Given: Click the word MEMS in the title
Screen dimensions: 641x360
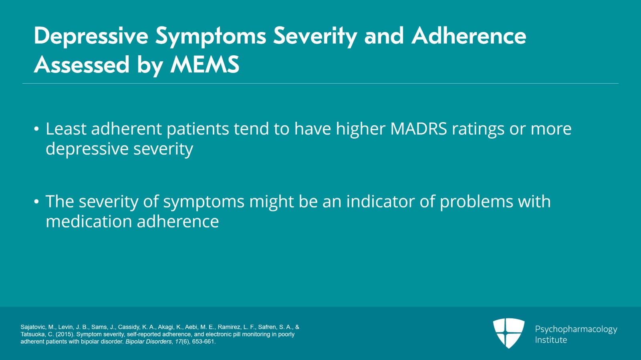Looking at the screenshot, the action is (205, 64).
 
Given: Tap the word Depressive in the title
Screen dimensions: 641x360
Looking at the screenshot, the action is (91, 36).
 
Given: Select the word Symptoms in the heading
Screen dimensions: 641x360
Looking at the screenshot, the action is (211, 36).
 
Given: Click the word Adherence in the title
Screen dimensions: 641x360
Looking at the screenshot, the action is (469, 36).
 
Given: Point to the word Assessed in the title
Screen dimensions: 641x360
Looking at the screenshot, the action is (82, 64).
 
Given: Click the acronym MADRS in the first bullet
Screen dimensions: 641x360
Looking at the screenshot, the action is (419, 129).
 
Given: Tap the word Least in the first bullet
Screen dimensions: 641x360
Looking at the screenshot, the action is (66, 129).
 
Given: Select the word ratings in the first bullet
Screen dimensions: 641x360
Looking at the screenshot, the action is (478, 129).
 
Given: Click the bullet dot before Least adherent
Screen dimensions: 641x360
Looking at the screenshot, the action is (36, 129).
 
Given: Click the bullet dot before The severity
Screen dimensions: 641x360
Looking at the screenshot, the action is (36, 202).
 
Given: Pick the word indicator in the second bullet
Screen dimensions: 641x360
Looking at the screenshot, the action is (381, 201).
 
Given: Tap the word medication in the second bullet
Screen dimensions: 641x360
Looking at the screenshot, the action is (89, 221).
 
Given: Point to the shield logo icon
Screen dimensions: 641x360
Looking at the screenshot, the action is (509, 333).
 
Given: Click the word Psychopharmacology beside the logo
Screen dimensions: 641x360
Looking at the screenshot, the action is (576, 330).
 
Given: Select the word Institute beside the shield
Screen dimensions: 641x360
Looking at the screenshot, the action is (551, 340).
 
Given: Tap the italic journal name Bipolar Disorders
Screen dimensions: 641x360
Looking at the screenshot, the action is (149, 342).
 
